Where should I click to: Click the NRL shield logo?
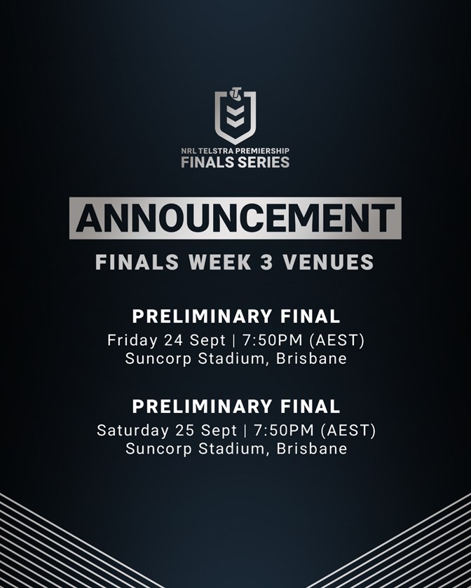(235, 116)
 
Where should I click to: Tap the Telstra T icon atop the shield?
(236, 94)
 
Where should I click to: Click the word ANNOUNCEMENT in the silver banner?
(235, 218)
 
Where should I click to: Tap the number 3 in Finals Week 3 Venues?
(266, 262)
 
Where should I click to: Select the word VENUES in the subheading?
(328, 262)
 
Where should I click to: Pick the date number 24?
(173, 340)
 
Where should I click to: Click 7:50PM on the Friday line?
(273, 340)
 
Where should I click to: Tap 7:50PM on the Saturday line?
(284, 430)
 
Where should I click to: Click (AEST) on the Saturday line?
(348, 430)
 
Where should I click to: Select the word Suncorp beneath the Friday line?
(158, 359)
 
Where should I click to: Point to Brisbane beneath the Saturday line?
(312, 449)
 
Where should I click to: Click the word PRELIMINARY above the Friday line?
(202, 316)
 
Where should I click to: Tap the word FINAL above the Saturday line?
(310, 407)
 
